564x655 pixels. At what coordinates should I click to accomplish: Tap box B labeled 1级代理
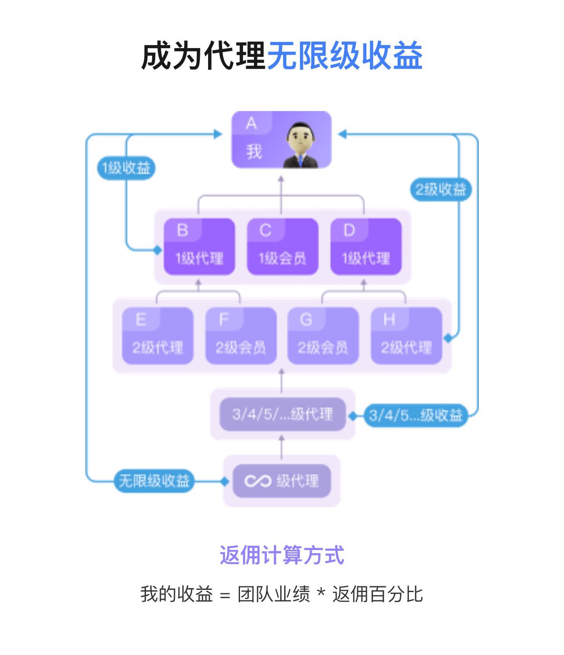pyautogui.click(x=199, y=247)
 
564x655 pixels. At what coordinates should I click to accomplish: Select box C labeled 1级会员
pyautogui.click(x=282, y=247)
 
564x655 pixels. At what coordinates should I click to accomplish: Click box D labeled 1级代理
pyautogui.click(x=366, y=247)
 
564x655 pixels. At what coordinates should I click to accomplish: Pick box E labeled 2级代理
pyautogui.click(x=157, y=336)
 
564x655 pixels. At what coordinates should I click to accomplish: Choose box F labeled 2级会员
pyautogui.click(x=241, y=336)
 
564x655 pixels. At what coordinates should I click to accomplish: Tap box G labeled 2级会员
pyautogui.click(x=323, y=336)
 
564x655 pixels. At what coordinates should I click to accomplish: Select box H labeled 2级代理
pyautogui.click(x=406, y=336)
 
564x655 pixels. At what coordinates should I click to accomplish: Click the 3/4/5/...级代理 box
pyautogui.click(x=282, y=414)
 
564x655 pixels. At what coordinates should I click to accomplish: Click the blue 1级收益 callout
pyautogui.click(x=126, y=168)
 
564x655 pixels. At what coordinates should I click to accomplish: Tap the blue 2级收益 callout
pyautogui.click(x=441, y=190)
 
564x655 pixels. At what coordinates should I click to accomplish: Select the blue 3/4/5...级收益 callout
pyautogui.click(x=415, y=415)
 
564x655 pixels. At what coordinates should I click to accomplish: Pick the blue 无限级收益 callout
pyautogui.click(x=154, y=481)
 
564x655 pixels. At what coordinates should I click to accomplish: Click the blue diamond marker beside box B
pyautogui.click(x=157, y=250)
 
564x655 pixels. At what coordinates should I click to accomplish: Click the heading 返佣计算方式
pyautogui.click(x=282, y=555)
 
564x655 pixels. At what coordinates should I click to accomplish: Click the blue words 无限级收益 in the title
pyautogui.click(x=345, y=56)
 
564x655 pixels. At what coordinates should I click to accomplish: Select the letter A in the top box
pyautogui.click(x=251, y=124)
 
